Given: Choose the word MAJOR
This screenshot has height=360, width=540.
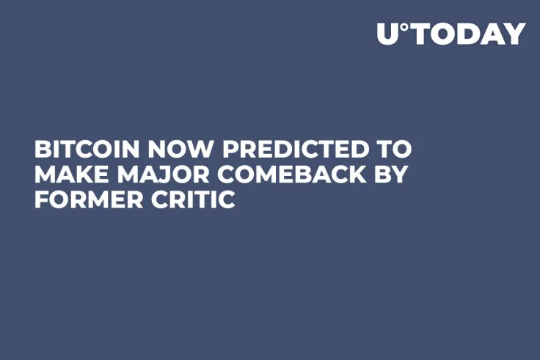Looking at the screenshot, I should (161, 175).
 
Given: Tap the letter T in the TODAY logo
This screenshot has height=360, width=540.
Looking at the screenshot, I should (420, 34).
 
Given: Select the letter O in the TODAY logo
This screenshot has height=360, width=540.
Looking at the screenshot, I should (442, 34).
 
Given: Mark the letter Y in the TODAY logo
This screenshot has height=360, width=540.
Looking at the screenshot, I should (515, 34).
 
